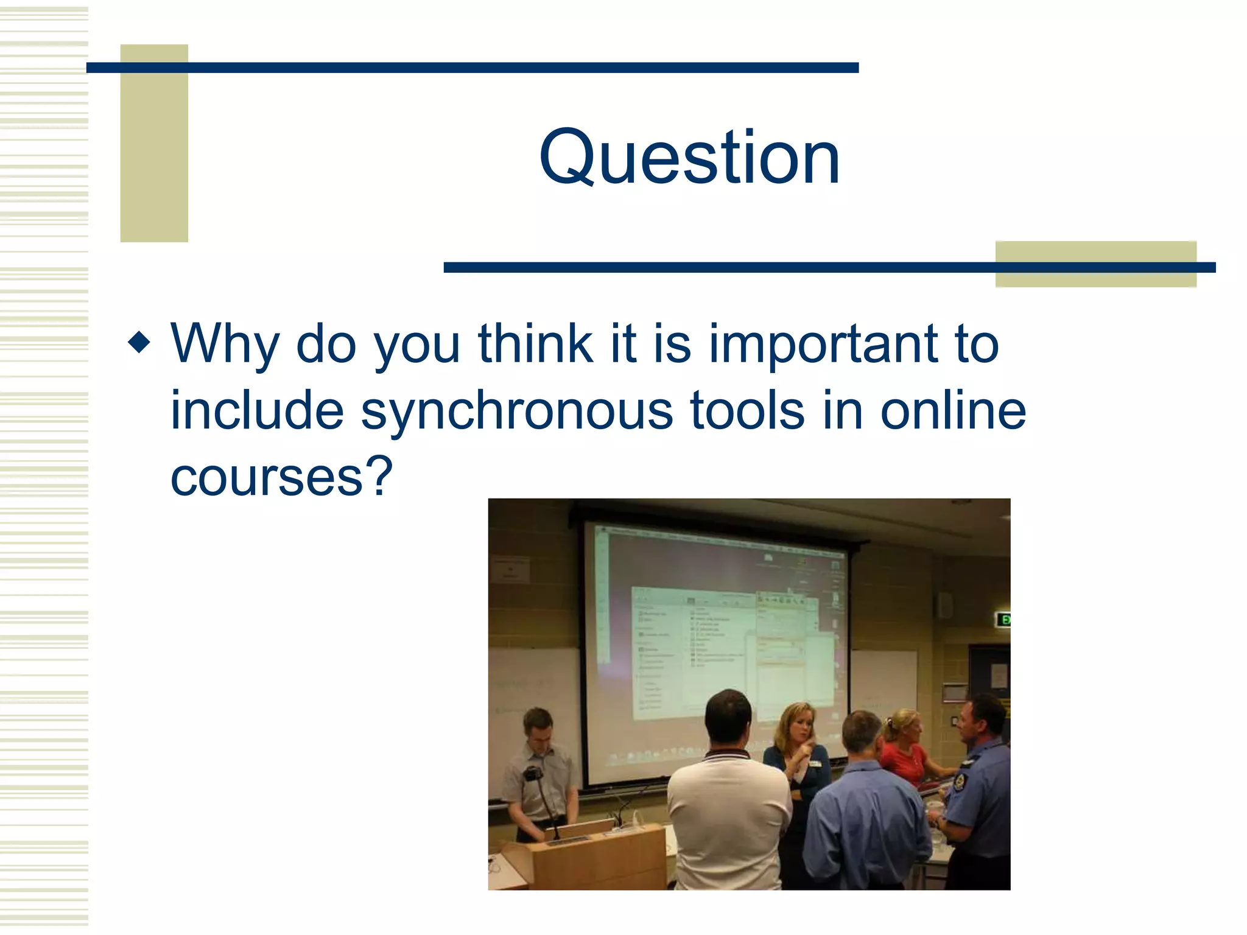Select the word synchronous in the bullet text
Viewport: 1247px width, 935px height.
(x=516, y=411)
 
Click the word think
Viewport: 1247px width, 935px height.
(x=536, y=344)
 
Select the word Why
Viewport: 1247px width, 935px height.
(x=224, y=345)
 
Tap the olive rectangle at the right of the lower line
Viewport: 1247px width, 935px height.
(x=1095, y=264)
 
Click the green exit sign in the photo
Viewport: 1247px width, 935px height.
(x=1003, y=620)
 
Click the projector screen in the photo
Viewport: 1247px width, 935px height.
(x=712, y=645)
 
